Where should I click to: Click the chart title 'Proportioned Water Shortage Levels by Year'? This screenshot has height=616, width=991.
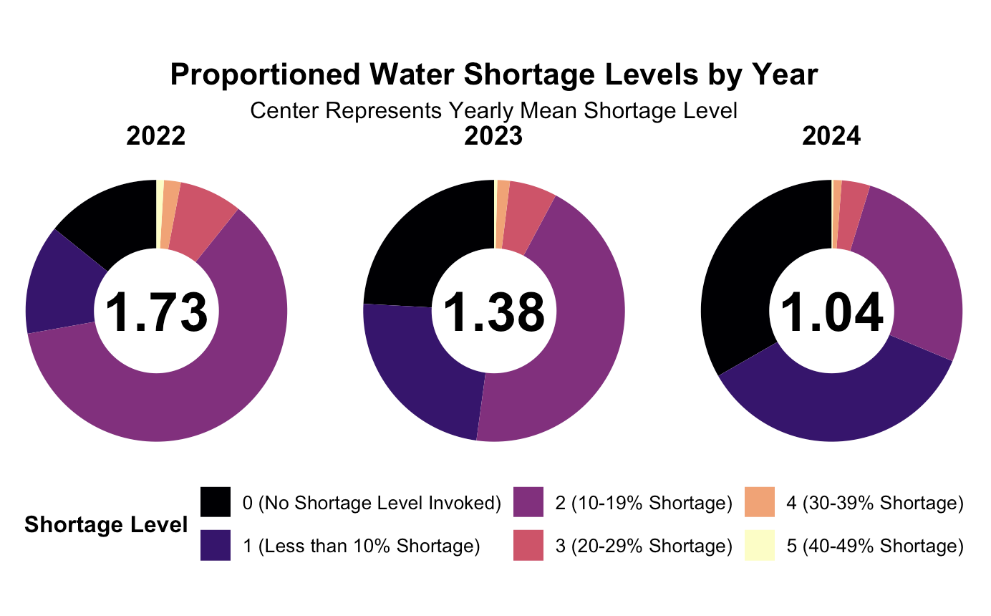tap(494, 75)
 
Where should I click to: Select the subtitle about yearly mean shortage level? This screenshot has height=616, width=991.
tap(494, 111)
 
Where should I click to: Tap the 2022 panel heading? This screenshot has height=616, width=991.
tap(156, 136)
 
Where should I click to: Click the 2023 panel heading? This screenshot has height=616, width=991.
tap(494, 136)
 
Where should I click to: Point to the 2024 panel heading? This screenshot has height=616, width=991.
tap(831, 136)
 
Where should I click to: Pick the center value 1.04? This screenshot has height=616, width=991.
tap(831, 313)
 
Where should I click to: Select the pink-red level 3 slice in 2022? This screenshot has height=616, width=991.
tap(200, 222)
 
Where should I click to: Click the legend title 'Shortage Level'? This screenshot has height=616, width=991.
tap(106, 525)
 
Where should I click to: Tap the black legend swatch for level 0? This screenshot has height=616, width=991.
tap(216, 503)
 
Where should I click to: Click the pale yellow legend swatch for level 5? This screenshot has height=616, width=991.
tap(760, 547)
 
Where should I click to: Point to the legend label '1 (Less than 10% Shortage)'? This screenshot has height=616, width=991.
tap(361, 547)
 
